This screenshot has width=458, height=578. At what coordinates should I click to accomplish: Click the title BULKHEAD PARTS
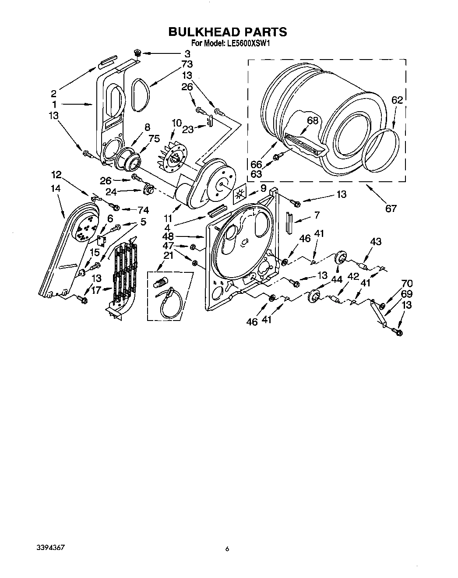tap(228, 32)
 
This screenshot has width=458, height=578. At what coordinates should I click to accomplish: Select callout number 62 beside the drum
tap(397, 100)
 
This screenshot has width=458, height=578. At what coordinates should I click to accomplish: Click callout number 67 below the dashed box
tap(391, 208)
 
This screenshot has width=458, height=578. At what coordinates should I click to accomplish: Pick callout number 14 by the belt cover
tap(55, 189)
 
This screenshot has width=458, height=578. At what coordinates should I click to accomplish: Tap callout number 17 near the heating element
tap(96, 289)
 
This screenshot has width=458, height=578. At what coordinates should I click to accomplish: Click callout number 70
tap(407, 284)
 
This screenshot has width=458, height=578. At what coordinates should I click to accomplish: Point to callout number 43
tap(375, 241)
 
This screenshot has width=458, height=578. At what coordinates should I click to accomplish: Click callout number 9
tap(263, 188)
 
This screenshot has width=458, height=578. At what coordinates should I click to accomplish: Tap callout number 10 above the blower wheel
tap(176, 123)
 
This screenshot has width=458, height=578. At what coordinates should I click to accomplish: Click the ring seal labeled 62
tap(382, 150)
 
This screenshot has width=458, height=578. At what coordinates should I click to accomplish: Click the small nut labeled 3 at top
tap(137, 53)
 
